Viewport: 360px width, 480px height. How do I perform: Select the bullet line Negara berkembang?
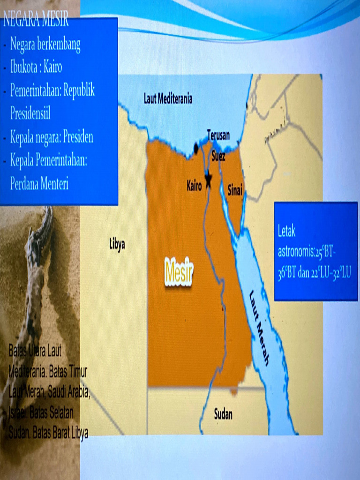tap(45, 45)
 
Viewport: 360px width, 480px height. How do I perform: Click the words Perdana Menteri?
tap(39, 184)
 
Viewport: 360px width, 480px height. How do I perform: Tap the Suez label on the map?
tap(218, 157)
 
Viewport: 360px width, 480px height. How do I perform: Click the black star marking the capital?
tap(208, 180)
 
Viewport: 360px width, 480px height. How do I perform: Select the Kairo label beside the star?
tap(194, 186)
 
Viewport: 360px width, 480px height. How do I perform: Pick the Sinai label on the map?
tap(235, 190)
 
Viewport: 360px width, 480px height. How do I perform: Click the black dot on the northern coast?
tap(196, 149)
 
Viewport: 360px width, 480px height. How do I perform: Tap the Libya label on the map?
tap(117, 244)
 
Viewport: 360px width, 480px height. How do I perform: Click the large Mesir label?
tap(179, 272)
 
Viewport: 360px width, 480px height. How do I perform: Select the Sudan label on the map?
tap(223, 414)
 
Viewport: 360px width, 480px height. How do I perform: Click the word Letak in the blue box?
tap(286, 232)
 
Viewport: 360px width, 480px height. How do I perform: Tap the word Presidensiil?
tap(30, 113)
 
